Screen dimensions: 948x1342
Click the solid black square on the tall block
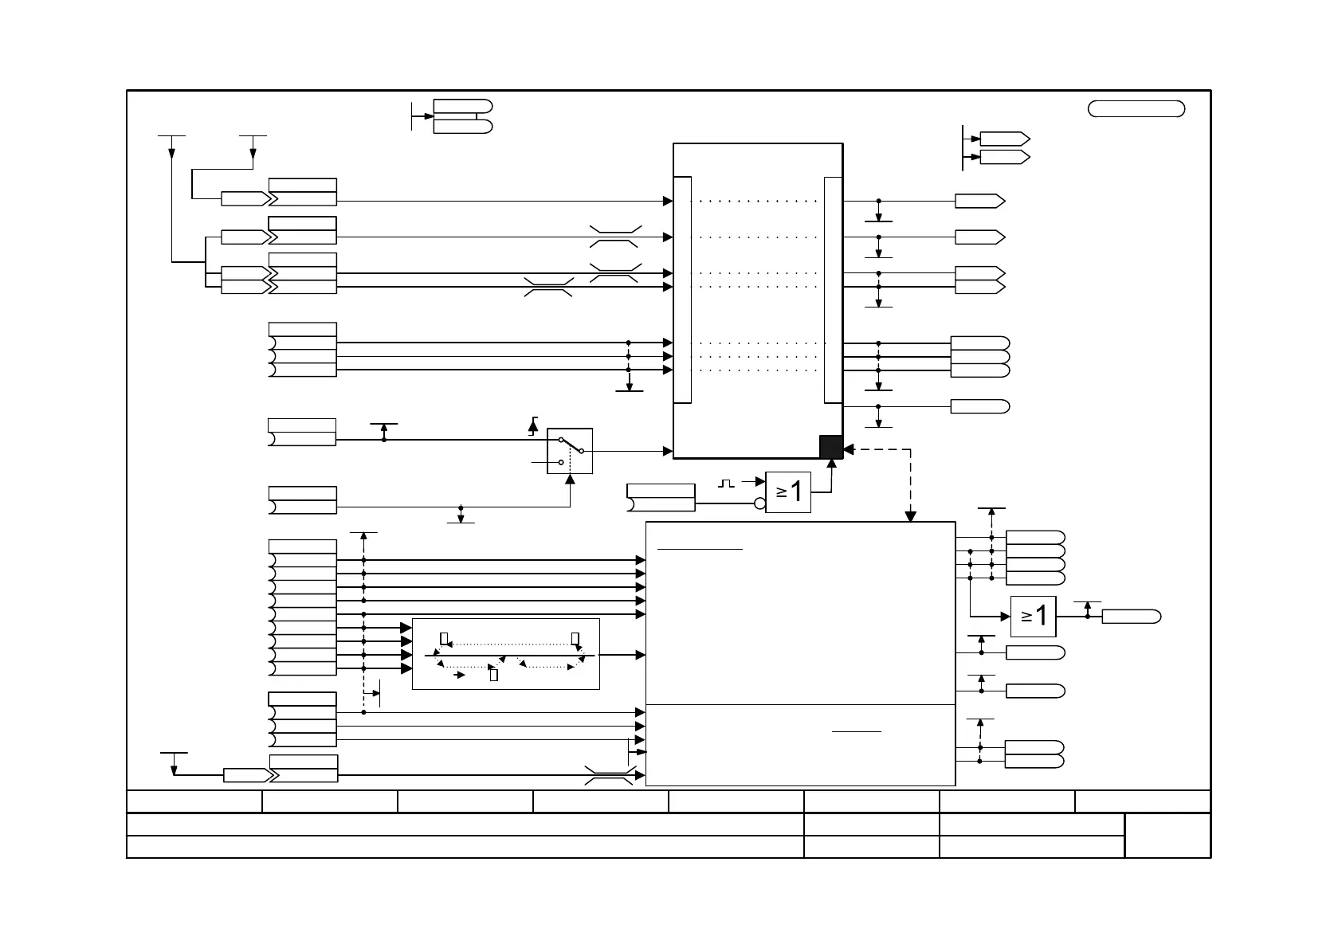[x=831, y=447]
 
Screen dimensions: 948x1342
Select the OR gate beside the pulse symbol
[x=787, y=492]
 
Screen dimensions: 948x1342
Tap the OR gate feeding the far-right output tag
[x=1033, y=616]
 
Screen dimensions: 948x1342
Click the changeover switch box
[x=570, y=451]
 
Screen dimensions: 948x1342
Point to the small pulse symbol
[x=726, y=483]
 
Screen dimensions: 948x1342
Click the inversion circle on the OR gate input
[x=759, y=503]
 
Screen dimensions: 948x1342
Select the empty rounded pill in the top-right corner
[x=1136, y=109]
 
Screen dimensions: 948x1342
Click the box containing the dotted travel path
[x=505, y=654]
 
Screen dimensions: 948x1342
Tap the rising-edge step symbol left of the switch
[x=533, y=426]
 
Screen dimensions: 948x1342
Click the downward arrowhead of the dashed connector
[x=911, y=517]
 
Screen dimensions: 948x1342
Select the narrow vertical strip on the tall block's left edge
[x=682, y=290]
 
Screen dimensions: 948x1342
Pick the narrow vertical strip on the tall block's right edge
[x=832, y=290]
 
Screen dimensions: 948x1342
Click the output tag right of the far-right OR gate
[x=1131, y=617]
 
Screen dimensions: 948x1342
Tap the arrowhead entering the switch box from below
[x=570, y=479]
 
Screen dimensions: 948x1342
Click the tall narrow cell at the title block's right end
[x=1167, y=836]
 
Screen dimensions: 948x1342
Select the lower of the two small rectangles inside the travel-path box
[x=493, y=676]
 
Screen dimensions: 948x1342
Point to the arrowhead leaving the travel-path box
[x=641, y=655]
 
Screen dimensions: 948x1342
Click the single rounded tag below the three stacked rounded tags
[x=979, y=407]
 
